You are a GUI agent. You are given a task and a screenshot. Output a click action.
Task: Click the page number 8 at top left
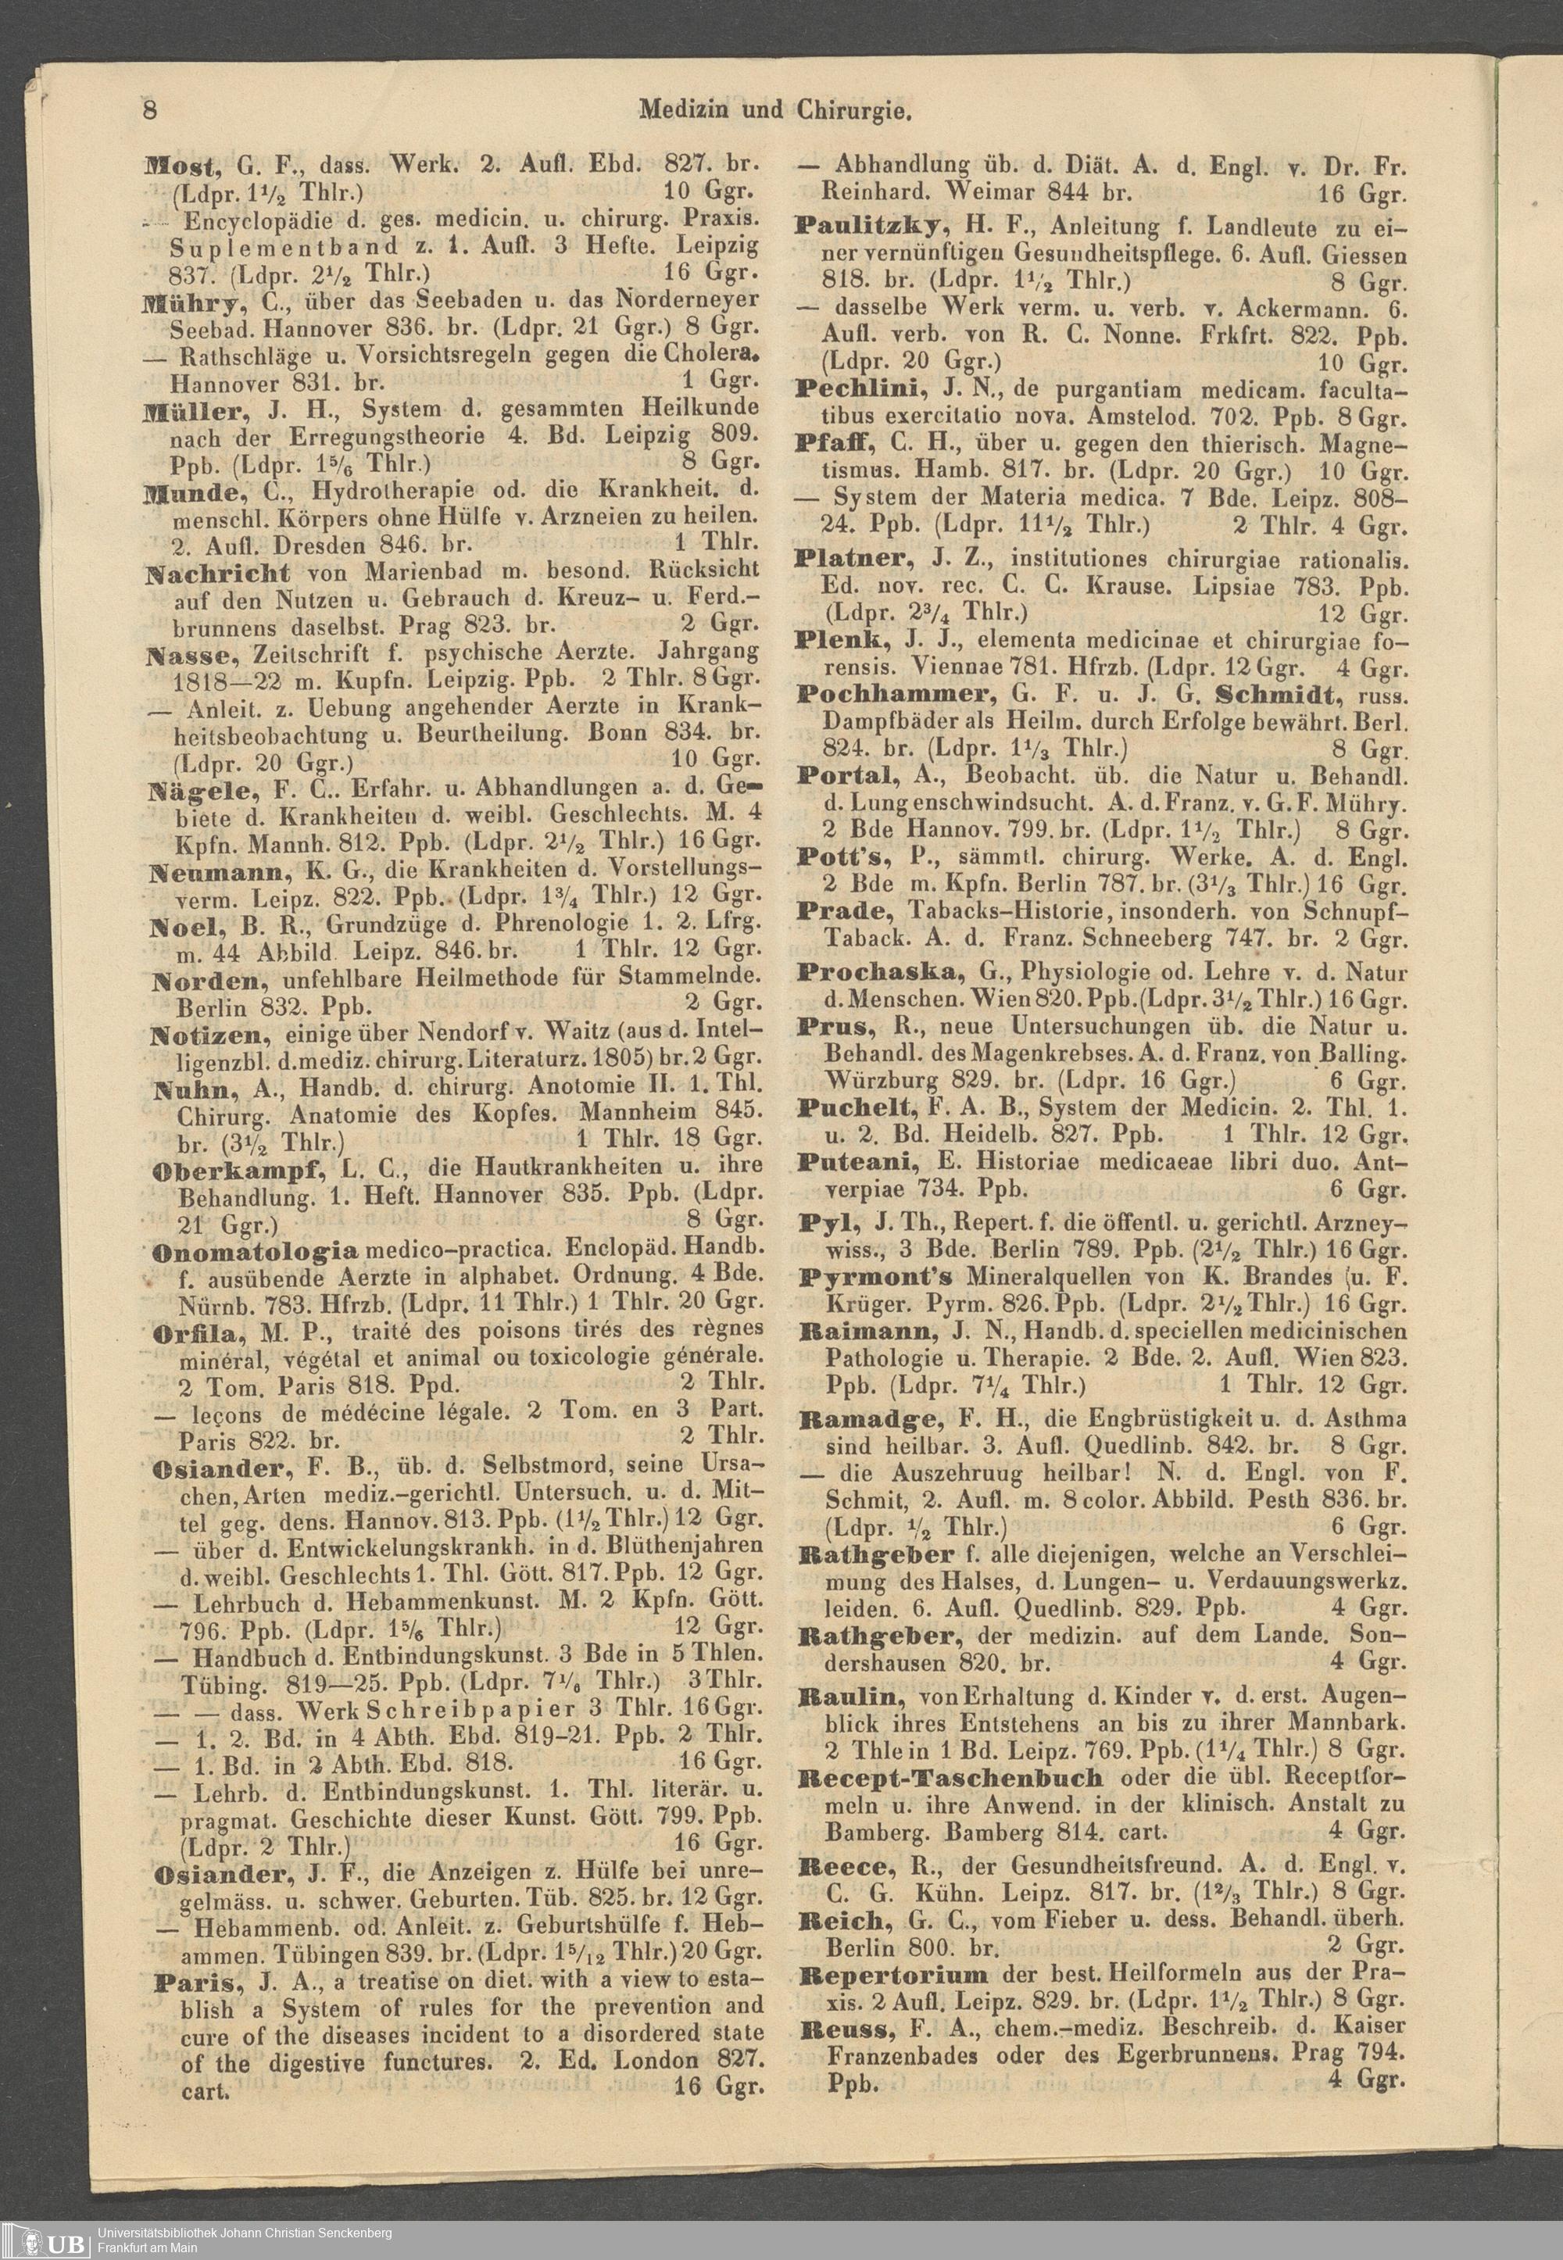point(150,109)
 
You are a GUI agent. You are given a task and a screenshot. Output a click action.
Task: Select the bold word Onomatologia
point(258,1253)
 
